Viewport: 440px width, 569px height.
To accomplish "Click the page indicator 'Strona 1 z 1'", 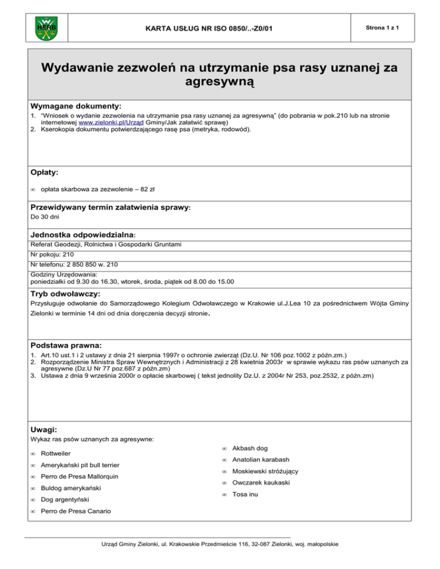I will tap(383, 27).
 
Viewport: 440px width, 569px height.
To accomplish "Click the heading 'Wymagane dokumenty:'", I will tap(76, 106).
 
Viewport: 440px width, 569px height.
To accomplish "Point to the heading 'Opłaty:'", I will tap(45, 172).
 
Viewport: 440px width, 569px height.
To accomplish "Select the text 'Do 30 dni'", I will tap(44, 218).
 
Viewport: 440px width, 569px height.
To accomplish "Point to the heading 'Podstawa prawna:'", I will tap(66, 346).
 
